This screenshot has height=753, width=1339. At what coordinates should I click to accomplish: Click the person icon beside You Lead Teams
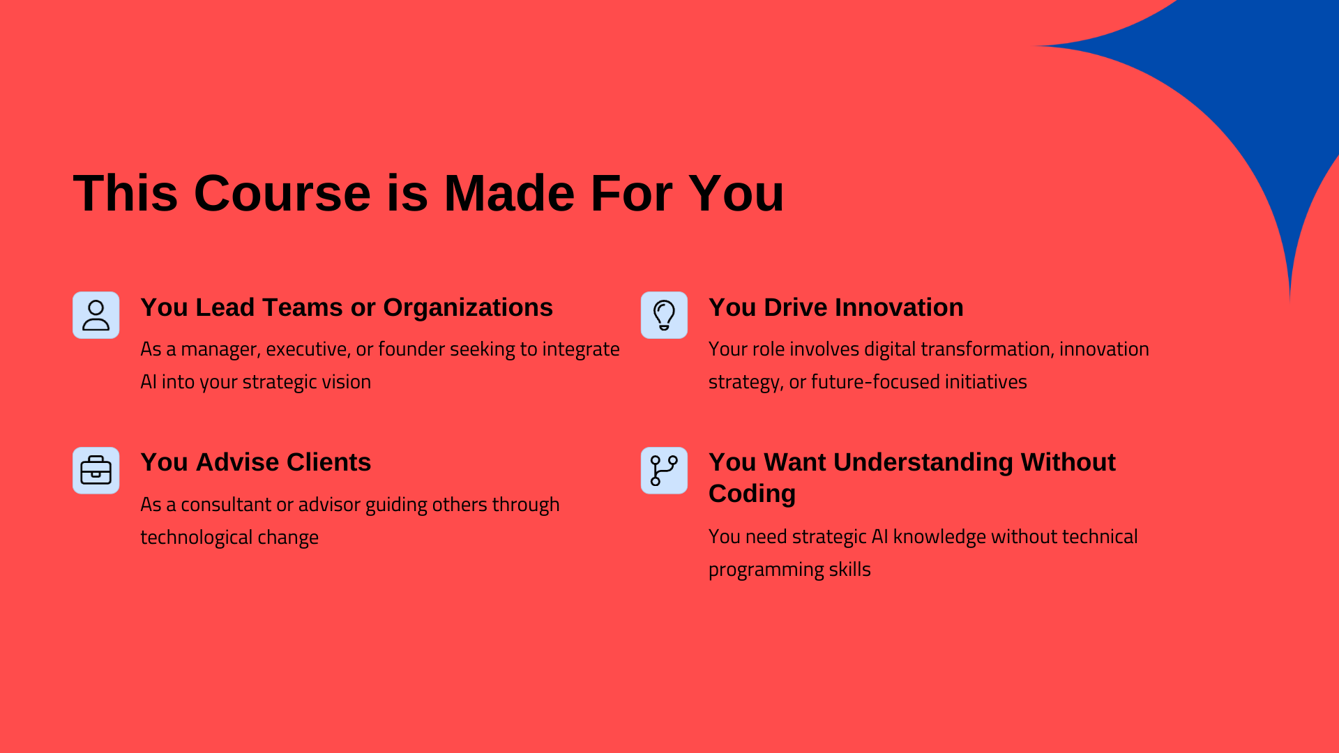pyautogui.click(x=96, y=315)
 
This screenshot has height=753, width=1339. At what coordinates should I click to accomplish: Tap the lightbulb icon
pyautogui.click(x=664, y=315)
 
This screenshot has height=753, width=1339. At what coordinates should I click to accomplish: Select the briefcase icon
pyautogui.click(x=96, y=471)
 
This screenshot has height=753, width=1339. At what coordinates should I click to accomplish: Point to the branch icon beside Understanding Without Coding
pyautogui.click(x=664, y=471)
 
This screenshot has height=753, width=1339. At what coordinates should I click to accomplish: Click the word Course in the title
pyautogui.click(x=282, y=193)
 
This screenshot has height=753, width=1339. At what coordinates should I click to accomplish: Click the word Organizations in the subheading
pyautogui.click(x=468, y=308)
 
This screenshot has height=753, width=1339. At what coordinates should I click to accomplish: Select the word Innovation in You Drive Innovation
pyautogui.click(x=898, y=307)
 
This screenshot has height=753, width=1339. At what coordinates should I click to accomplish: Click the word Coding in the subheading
pyautogui.click(x=752, y=494)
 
